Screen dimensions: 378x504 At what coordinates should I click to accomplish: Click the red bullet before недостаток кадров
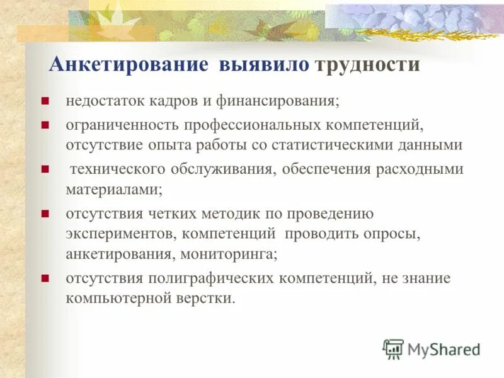click(x=45, y=101)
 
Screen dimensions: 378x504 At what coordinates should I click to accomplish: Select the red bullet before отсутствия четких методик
click(x=45, y=214)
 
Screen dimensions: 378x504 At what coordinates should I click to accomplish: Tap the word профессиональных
click(x=239, y=126)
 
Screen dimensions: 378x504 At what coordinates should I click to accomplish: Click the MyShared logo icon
click(x=393, y=348)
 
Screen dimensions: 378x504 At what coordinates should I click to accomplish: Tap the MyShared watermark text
click(x=444, y=349)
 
